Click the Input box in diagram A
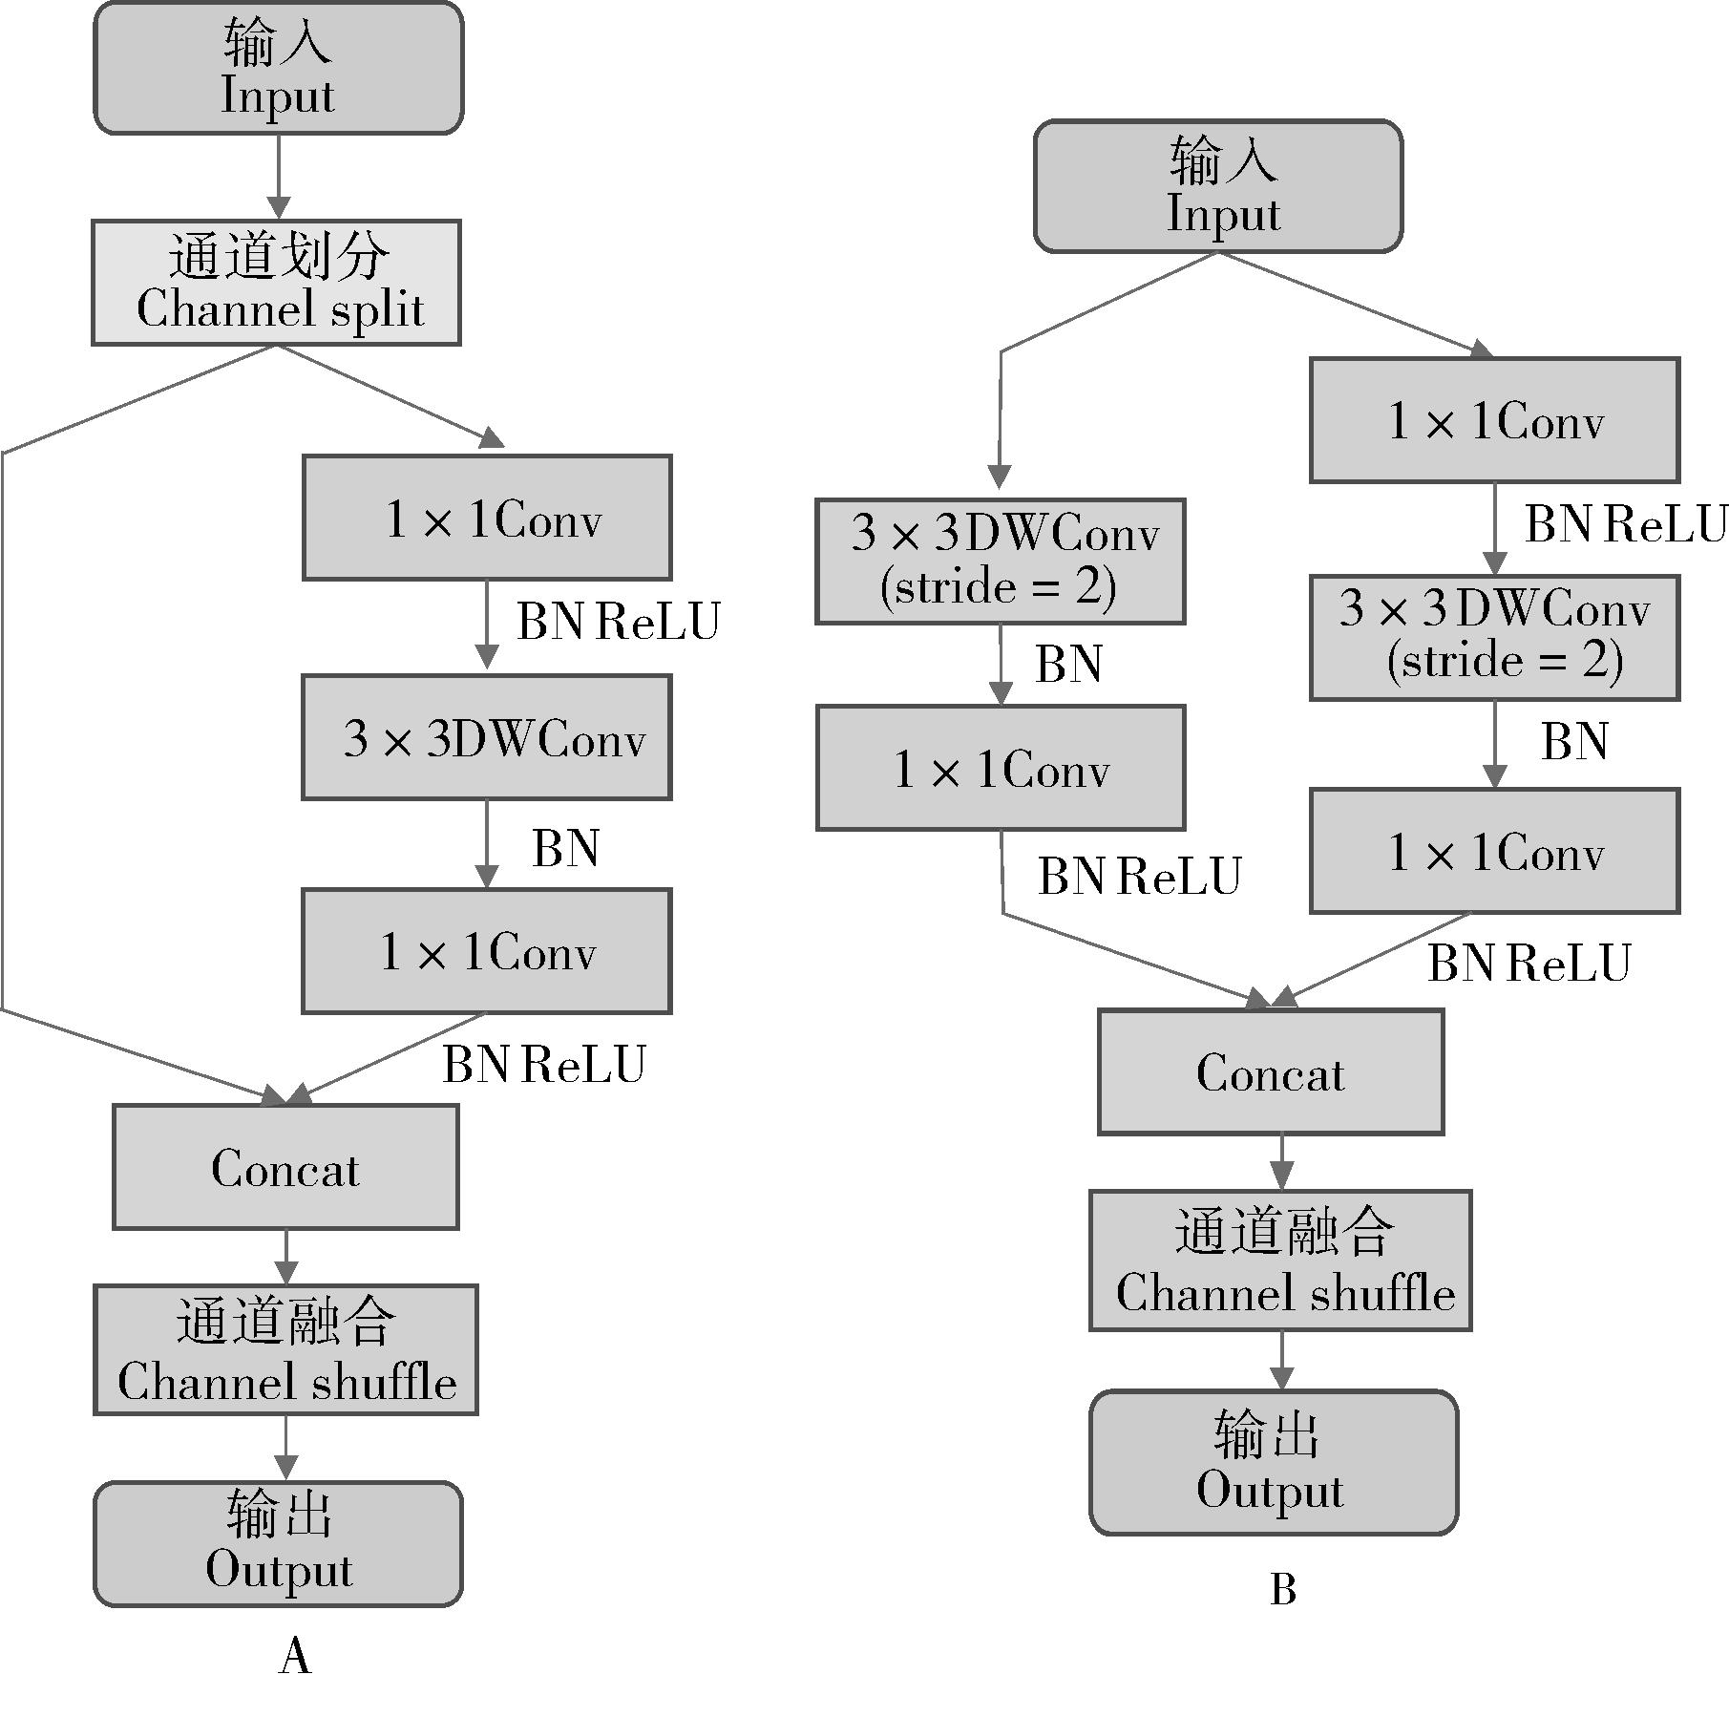[278, 68]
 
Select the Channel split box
[276, 283]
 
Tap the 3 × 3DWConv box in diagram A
[487, 737]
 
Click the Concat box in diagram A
[285, 1167]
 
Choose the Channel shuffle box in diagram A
[285, 1349]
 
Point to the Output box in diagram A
[278, 1544]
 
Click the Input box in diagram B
[1218, 186]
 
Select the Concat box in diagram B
[1271, 1071]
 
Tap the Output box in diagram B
[1274, 1462]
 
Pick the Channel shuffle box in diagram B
[1280, 1261]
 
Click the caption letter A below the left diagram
[295, 1655]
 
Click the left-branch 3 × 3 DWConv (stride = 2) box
[1000, 561]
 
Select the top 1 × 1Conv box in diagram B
[1494, 420]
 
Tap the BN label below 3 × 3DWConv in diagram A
[565, 848]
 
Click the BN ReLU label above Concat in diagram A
[544, 1064]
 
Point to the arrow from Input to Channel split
[279, 178]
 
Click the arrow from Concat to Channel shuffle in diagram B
[1281, 1162]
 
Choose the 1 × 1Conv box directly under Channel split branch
[487, 518]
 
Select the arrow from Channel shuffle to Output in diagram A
[285, 1448]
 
